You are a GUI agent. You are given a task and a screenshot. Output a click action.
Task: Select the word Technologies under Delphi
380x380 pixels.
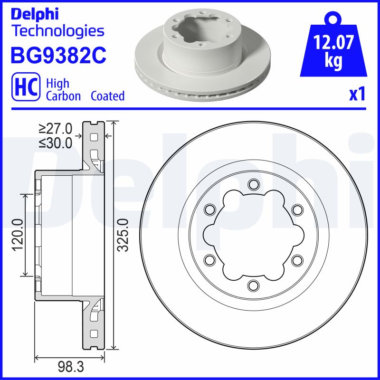click(57, 31)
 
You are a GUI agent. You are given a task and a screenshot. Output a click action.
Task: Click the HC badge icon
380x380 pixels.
click(26, 87)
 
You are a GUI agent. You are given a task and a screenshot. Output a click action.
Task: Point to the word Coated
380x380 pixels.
click(107, 96)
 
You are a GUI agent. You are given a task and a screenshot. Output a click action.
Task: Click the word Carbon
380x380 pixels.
click(64, 96)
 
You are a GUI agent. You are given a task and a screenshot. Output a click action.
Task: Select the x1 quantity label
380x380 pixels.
click(358, 95)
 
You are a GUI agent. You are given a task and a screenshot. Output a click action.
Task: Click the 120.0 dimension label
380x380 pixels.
click(18, 235)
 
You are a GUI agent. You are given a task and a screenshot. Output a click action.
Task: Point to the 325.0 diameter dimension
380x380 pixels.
click(123, 235)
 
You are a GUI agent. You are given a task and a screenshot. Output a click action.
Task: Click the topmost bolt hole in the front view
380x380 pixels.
click(253, 184)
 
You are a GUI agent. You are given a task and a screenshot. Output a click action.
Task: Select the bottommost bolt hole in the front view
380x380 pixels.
click(253, 285)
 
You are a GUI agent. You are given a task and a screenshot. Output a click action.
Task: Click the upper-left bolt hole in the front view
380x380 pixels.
click(209, 209)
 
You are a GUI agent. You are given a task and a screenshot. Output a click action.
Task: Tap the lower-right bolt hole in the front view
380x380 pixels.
click(297, 260)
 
